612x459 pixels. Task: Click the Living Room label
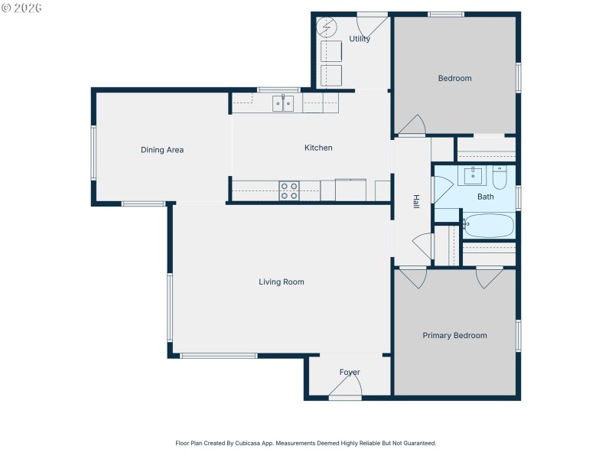(282, 282)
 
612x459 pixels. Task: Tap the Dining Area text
(162, 150)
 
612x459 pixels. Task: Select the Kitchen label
(318, 148)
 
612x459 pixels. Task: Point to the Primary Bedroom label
(454, 336)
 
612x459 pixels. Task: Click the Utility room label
(360, 39)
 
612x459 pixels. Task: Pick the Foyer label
(350, 373)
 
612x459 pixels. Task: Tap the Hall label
(416, 201)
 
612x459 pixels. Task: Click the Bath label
(486, 197)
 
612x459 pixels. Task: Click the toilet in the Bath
(500, 178)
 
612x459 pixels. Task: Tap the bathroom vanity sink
(474, 176)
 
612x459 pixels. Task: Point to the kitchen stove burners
(289, 190)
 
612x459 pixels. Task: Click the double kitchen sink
(283, 103)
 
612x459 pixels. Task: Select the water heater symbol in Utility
(327, 27)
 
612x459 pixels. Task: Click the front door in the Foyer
(345, 391)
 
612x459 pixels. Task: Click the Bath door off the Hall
(442, 190)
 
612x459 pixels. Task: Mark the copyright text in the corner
(22, 8)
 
